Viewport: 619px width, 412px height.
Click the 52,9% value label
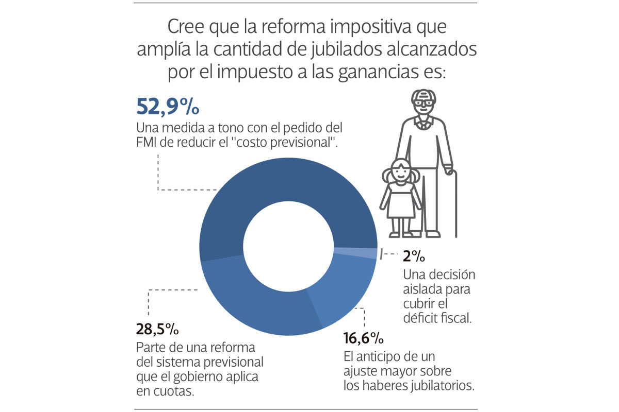pos(168,107)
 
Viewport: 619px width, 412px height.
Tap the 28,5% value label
pos(157,329)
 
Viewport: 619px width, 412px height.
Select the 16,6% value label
pos(364,338)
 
